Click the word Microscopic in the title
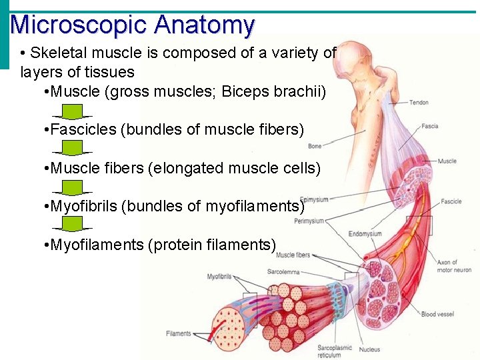pos(79,25)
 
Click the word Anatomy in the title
pos(204,25)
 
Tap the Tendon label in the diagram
pos(419,102)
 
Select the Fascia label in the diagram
pos(429,126)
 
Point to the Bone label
pos(315,146)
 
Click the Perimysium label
pos(309,221)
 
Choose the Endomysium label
pos(365,234)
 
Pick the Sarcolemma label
pos(282,272)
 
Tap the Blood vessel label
pos(437,314)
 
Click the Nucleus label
pos(369,349)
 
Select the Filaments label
pos(179,333)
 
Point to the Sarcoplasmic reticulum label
pos(335,352)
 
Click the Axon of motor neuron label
pos(454,266)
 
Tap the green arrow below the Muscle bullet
pos(76,111)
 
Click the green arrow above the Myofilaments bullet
pos(76,223)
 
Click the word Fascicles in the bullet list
pos(83,129)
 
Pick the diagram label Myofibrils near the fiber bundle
pos(219,276)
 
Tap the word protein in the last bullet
pos(175,245)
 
